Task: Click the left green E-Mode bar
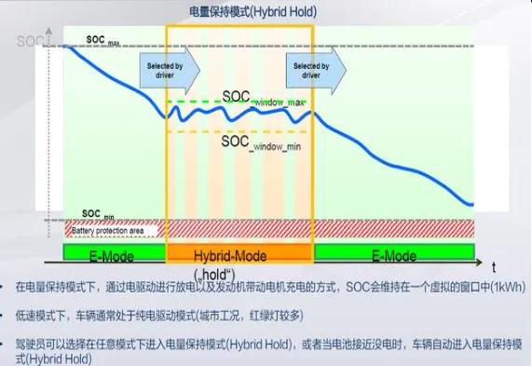pos(114,254)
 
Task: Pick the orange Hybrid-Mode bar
pos(239,254)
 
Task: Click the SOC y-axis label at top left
pos(28,41)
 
